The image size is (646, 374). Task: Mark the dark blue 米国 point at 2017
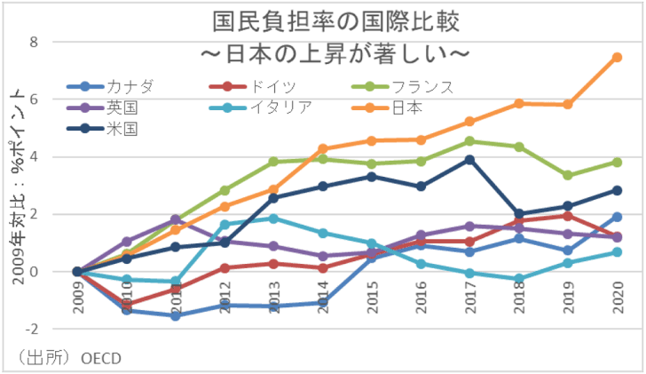(x=469, y=160)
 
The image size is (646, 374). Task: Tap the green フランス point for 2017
(x=469, y=141)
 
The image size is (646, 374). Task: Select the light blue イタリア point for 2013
(x=273, y=219)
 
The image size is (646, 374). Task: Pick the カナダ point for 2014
(x=322, y=303)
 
